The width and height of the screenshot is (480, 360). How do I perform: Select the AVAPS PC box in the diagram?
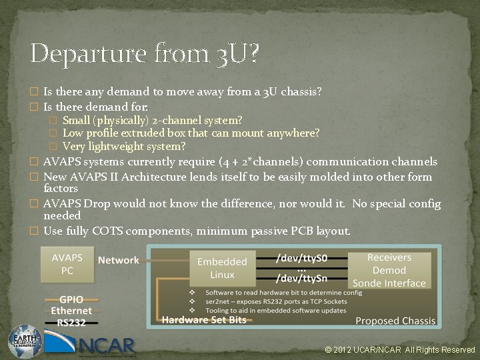pyautogui.click(x=67, y=263)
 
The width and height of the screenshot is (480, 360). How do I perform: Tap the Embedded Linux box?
pyautogui.click(x=222, y=268)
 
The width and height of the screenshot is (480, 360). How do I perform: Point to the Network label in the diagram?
pyautogui.click(x=119, y=260)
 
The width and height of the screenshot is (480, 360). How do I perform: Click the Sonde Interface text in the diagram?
pyautogui.click(x=389, y=283)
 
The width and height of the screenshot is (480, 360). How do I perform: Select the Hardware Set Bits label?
pyautogui.click(x=203, y=319)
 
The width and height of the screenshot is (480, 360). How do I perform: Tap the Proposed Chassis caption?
pyautogui.click(x=395, y=321)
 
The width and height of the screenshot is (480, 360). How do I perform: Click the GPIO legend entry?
pyautogui.click(x=71, y=300)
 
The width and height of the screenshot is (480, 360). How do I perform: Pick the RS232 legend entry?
pyautogui.click(x=71, y=321)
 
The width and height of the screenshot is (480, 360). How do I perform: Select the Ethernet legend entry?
pyautogui.click(x=71, y=311)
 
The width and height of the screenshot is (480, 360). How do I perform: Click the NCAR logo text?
pyautogui.click(x=107, y=345)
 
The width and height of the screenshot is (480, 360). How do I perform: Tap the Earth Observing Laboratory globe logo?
pyautogui.click(x=25, y=341)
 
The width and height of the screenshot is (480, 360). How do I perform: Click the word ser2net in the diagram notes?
pyautogui.click(x=221, y=301)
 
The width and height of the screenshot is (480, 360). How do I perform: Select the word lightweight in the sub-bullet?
pyautogui.click(x=115, y=146)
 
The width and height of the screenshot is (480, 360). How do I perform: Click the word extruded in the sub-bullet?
pyautogui.click(x=142, y=133)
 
